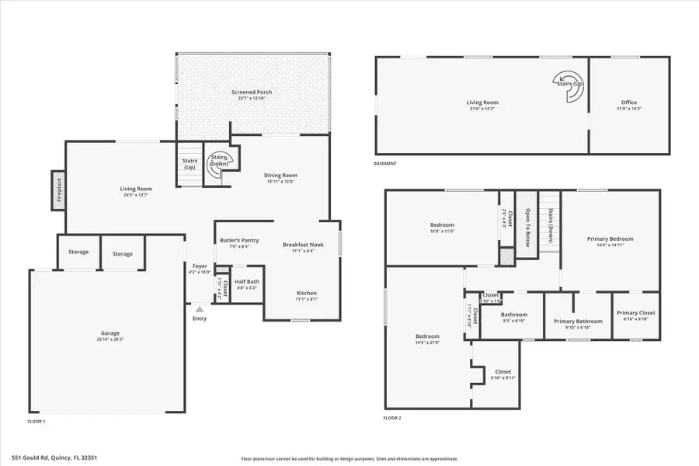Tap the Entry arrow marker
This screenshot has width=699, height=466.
coord(200,309)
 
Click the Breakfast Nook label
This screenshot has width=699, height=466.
coord(303,245)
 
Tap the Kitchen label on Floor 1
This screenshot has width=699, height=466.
coord(306,293)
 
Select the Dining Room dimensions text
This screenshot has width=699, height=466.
coord(282,182)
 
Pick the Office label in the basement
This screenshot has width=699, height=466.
coord(628,103)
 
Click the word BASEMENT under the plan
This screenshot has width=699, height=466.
coord(385,164)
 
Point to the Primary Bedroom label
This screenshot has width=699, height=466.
coord(610,239)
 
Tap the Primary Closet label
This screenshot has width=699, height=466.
coord(636,313)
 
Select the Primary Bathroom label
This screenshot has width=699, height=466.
coord(578,321)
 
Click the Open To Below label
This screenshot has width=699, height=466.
coord(527,224)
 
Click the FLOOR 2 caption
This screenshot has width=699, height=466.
coord(393,417)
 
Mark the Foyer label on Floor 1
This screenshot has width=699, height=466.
coord(200,266)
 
